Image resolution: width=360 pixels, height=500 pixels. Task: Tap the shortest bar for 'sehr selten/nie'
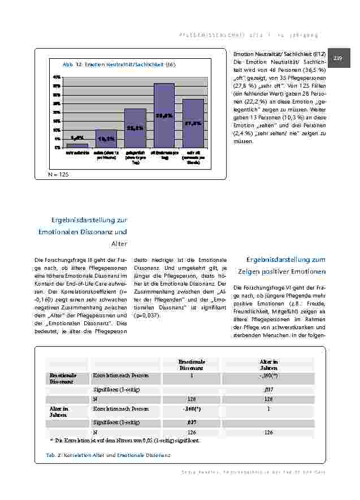77,145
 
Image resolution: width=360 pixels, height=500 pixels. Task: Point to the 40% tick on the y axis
57,76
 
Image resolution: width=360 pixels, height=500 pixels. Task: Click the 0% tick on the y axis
58,147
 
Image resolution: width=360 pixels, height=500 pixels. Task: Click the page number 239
339,58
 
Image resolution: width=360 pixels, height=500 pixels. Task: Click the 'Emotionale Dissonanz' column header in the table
192,364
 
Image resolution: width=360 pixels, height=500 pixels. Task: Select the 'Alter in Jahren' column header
268,364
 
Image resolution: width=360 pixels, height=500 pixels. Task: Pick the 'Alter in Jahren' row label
59,411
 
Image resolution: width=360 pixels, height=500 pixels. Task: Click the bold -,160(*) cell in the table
192,408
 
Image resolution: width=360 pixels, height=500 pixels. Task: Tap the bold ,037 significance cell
192,421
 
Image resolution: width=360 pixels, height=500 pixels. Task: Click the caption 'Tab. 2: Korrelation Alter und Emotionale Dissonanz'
108,455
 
